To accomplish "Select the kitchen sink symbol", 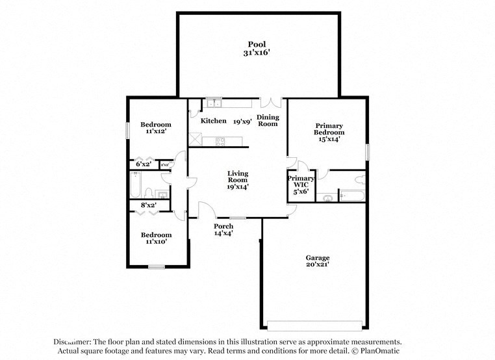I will click(x=213, y=102).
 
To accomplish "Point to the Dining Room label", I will click(x=268, y=120).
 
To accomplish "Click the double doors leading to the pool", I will click(x=271, y=102).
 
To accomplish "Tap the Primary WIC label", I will click(x=301, y=181).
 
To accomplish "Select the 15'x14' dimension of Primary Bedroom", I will click(x=329, y=139).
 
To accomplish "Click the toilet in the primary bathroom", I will click(x=360, y=179).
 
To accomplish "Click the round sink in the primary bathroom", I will click(x=327, y=196).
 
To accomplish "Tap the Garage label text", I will click(x=318, y=257).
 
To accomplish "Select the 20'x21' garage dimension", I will click(x=318, y=265).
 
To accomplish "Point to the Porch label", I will click(x=223, y=226).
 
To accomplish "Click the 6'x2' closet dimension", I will click(x=143, y=164).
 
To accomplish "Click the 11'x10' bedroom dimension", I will click(x=157, y=242).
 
